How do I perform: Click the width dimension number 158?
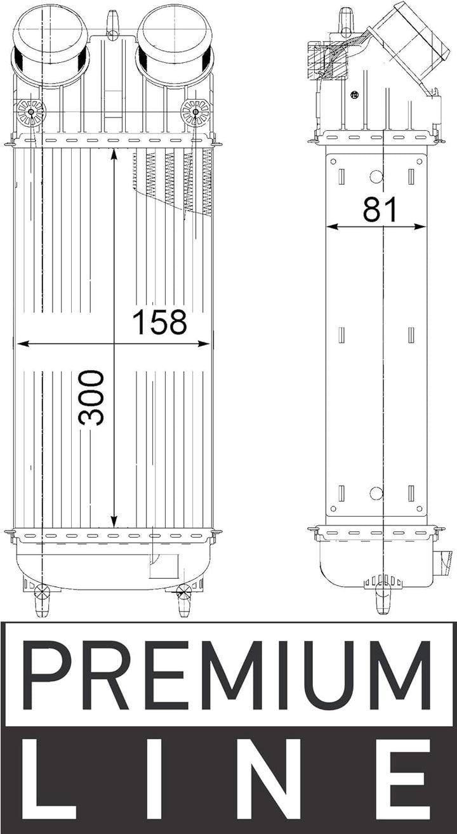[159, 322]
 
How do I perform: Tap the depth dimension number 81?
[380, 209]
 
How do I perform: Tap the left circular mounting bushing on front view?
[31, 112]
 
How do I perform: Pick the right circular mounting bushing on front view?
[195, 112]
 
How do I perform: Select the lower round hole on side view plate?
[376, 493]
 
